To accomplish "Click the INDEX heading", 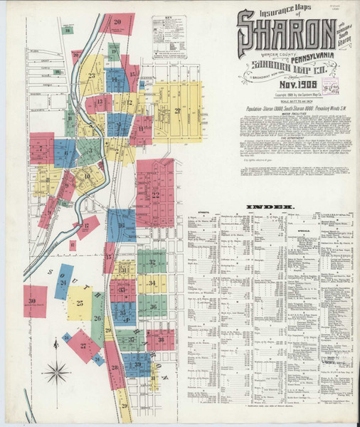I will point(270,207).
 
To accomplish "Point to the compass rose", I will point(55,371).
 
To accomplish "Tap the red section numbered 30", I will point(34,301).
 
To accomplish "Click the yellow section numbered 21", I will point(176,110).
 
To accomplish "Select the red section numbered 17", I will point(87,227).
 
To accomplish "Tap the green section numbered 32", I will point(152,262).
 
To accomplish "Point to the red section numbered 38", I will point(161,339).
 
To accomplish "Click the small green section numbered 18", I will point(68,30).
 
